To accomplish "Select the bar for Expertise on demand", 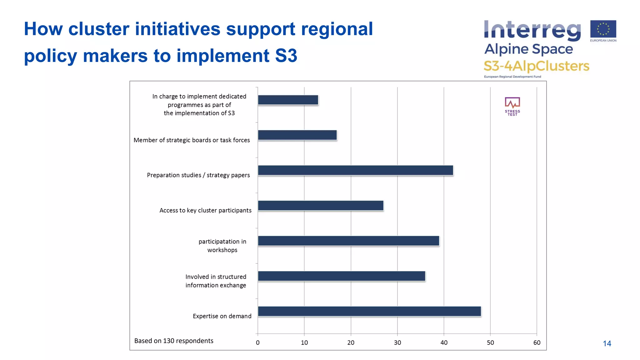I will pos(369,311).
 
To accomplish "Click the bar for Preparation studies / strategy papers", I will pos(355,170).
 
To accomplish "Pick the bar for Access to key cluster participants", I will pos(321,206).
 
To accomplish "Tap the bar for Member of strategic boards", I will pos(297,135).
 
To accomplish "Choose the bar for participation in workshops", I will pos(348,241).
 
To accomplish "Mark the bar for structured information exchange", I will pos(342,276).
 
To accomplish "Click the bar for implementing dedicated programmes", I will pos(288,100).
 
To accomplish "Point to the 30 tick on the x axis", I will pos(397,342).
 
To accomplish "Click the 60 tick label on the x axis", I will pos(537,342).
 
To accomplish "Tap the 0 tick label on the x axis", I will pos(258,342).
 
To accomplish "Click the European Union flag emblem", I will pos(603,29).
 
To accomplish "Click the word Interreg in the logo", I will pos(532,31).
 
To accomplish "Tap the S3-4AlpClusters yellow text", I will pos(536,66).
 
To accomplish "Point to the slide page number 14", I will pos(607,343).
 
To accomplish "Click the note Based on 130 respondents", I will pos(174,341).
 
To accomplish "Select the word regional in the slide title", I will pos(337,29).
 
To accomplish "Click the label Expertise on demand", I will pos(222,316).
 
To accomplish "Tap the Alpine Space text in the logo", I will pos(528,49).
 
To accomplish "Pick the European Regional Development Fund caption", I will pos(512,77).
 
